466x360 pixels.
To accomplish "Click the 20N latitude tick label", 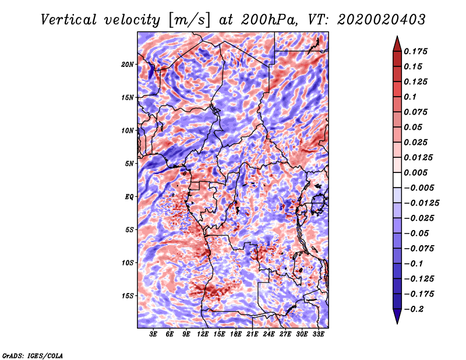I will (x=128, y=64).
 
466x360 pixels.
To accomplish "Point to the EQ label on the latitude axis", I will (x=129, y=196).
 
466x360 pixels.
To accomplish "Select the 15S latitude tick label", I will (x=128, y=295).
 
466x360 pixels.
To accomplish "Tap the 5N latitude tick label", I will (x=129, y=163).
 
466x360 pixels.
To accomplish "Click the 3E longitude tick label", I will (x=154, y=335).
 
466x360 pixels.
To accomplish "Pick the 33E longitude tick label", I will (x=319, y=335).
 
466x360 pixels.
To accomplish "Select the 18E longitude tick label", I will (x=236, y=335).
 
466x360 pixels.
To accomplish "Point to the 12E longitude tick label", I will (x=203, y=335).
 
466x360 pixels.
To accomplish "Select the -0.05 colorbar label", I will (x=418, y=233).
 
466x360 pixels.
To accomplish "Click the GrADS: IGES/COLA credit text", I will (x=33, y=355).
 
